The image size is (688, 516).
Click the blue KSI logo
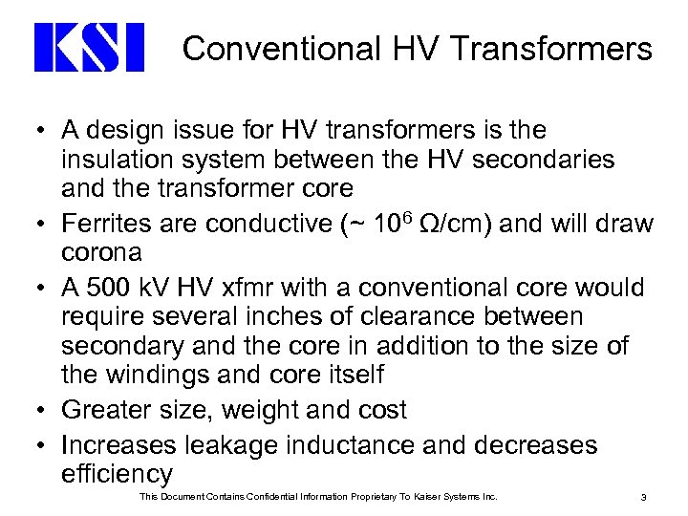89,48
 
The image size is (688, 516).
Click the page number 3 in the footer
645,497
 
